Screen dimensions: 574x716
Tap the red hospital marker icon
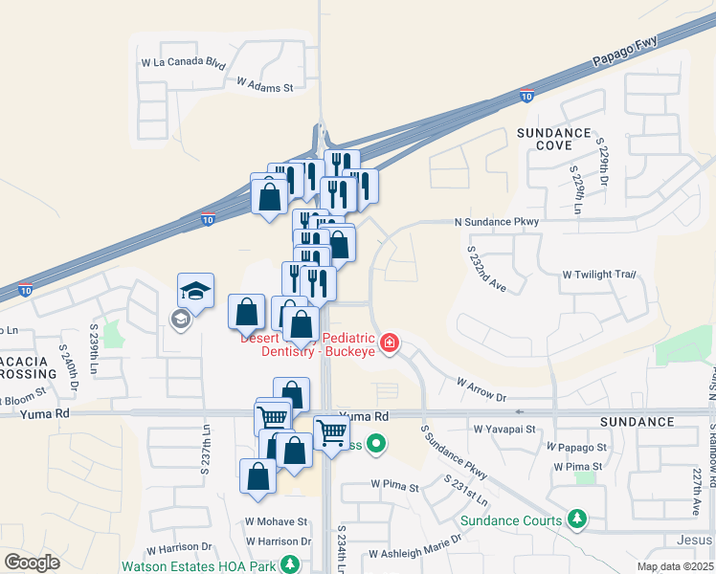click(389, 343)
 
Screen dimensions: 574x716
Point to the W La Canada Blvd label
click(183, 64)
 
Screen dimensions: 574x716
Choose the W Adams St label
click(263, 86)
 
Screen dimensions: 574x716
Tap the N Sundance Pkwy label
click(497, 222)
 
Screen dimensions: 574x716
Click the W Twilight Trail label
click(599, 275)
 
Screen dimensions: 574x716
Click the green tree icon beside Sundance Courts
click(576, 519)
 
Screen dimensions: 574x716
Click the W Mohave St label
click(276, 522)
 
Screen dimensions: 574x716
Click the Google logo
click(32, 563)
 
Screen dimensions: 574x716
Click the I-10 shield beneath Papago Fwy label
click(526, 95)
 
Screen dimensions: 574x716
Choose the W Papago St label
click(576, 447)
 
